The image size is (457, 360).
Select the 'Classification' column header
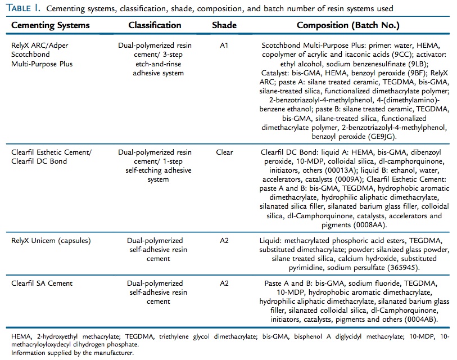point(155,25)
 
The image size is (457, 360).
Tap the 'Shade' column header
point(224,25)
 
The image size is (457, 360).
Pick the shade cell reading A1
point(224,44)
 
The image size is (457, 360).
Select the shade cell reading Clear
point(224,152)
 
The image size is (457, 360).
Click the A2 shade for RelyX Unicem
point(224,241)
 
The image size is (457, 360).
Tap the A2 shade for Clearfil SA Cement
point(224,284)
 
